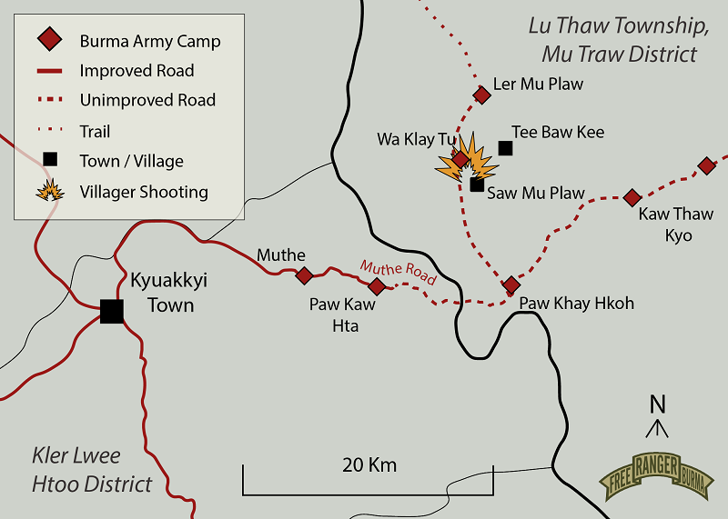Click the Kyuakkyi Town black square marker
(112, 311)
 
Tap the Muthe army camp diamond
(305, 275)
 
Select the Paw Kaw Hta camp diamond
(376, 286)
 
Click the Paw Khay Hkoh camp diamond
(511, 284)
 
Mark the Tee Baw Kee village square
(506, 148)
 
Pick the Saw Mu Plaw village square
(477, 185)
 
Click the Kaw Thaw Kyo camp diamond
(632, 197)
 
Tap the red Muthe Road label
(398, 271)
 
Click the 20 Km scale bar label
(369, 465)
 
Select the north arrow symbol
(658, 416)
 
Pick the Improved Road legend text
(136, 70)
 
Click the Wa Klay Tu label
(416, 139)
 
